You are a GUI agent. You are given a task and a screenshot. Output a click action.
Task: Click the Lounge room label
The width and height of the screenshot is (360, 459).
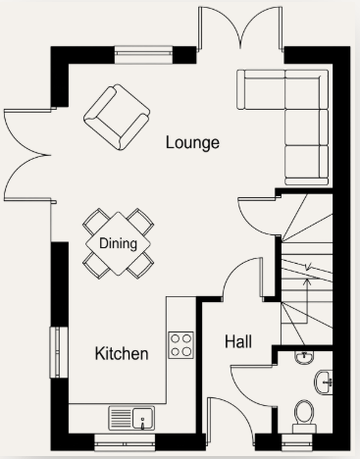[192, 142]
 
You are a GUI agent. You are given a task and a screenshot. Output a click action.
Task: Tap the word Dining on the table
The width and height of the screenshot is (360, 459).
[118, 243]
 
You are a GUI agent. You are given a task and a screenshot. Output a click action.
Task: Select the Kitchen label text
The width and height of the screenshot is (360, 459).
[122, 353]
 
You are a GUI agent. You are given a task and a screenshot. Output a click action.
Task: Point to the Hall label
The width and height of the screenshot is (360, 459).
[238, 341]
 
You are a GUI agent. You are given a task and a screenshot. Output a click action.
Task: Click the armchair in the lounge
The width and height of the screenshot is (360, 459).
[117, 117]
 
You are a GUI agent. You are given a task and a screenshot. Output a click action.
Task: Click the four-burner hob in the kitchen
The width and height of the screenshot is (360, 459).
[180, 345]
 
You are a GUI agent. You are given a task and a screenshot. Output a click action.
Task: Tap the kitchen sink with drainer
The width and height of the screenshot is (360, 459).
[131, 418]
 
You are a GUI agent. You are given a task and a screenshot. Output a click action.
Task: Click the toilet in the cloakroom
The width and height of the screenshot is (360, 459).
[304, 416]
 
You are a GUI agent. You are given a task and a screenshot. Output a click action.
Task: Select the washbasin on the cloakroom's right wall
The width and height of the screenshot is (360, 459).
[325, 382]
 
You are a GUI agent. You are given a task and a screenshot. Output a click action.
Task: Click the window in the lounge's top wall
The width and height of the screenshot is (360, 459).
[143, 55]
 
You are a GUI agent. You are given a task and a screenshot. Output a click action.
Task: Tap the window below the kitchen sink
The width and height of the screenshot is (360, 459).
[125, 442]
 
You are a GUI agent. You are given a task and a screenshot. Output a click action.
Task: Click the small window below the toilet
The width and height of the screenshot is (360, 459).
[297, 442]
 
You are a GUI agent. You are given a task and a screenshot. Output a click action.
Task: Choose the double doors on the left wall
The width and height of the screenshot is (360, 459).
[26, 155]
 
